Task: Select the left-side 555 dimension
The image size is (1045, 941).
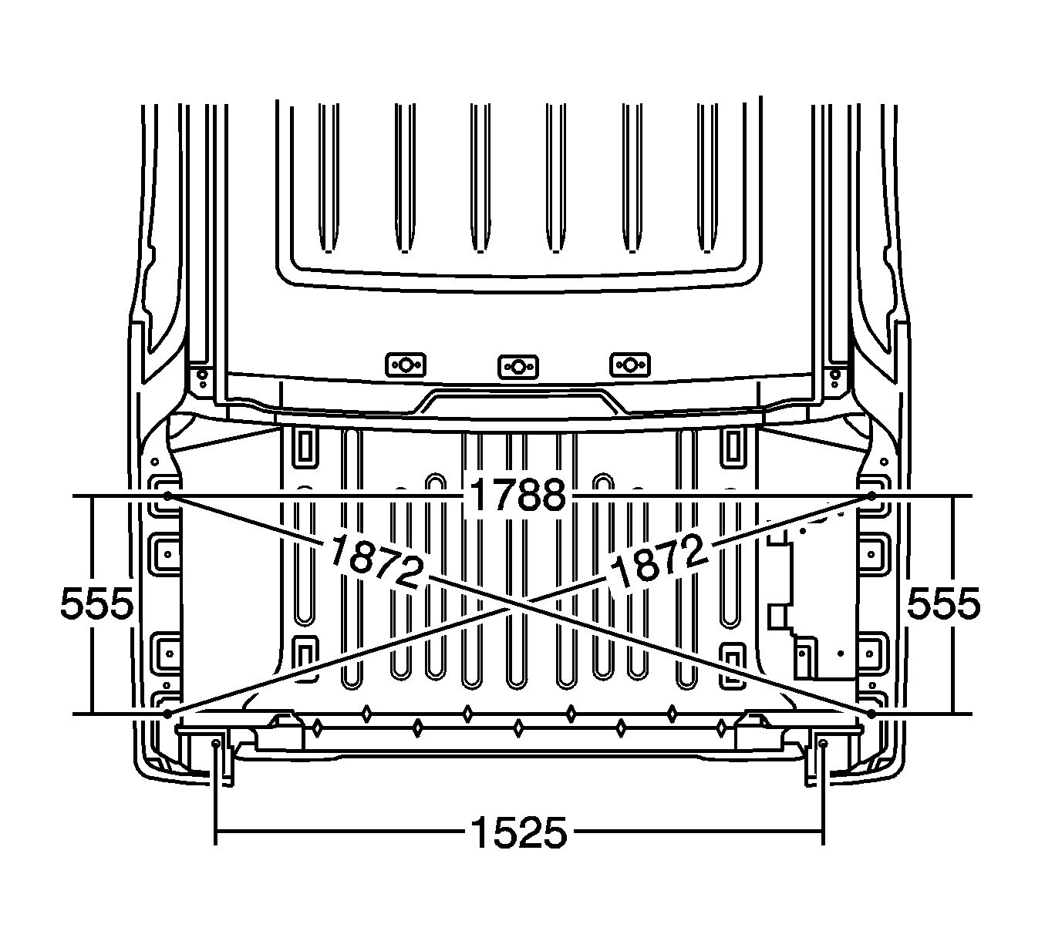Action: [x=96, y=604]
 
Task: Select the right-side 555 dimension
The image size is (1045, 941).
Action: [x=942, y=604]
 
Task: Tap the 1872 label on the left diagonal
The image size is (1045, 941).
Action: [x=376, y=562]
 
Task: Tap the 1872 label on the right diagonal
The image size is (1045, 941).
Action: [x=658, y=561]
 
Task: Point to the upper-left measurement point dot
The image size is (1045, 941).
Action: [x=167, y=496]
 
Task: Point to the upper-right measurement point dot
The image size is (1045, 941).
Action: [x=871, y=496]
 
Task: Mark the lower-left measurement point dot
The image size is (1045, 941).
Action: [x=167, y=714]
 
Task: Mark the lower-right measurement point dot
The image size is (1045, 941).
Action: [x=871, y=714]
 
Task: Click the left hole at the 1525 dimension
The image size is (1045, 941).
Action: [x=216, y=743]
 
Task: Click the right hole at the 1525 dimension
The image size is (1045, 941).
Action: [x=823, y=743]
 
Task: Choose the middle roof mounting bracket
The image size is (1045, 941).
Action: [x=517, y=365]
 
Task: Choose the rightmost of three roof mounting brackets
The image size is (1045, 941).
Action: [x=630, y=364]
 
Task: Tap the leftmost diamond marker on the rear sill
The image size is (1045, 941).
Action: [x=317, y=727]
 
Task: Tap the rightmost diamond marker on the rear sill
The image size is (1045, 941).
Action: [x=722, y=727]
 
